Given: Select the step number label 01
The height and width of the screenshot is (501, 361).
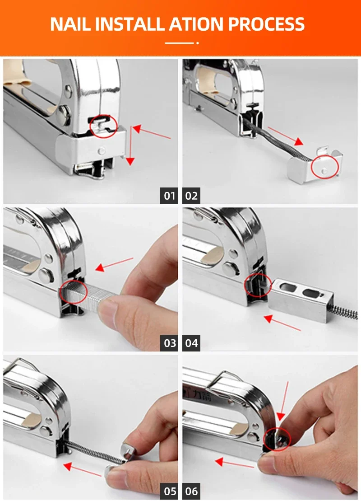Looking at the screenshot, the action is click(169, 196).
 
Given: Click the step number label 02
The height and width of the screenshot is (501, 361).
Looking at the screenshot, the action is click(191, 196).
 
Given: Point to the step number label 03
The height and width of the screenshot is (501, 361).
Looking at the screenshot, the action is click(169, 343).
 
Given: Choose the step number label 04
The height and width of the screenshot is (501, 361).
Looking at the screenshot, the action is click(191, 343).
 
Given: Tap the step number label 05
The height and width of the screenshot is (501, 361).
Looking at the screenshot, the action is click(169, 491).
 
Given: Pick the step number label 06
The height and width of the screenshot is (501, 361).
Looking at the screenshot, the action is click(191, 491).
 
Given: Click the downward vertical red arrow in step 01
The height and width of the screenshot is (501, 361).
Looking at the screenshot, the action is click(130, 146).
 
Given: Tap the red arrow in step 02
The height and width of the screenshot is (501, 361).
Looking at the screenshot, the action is click(285, 136).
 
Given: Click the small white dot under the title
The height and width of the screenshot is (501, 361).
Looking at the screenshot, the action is click(198, 43).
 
